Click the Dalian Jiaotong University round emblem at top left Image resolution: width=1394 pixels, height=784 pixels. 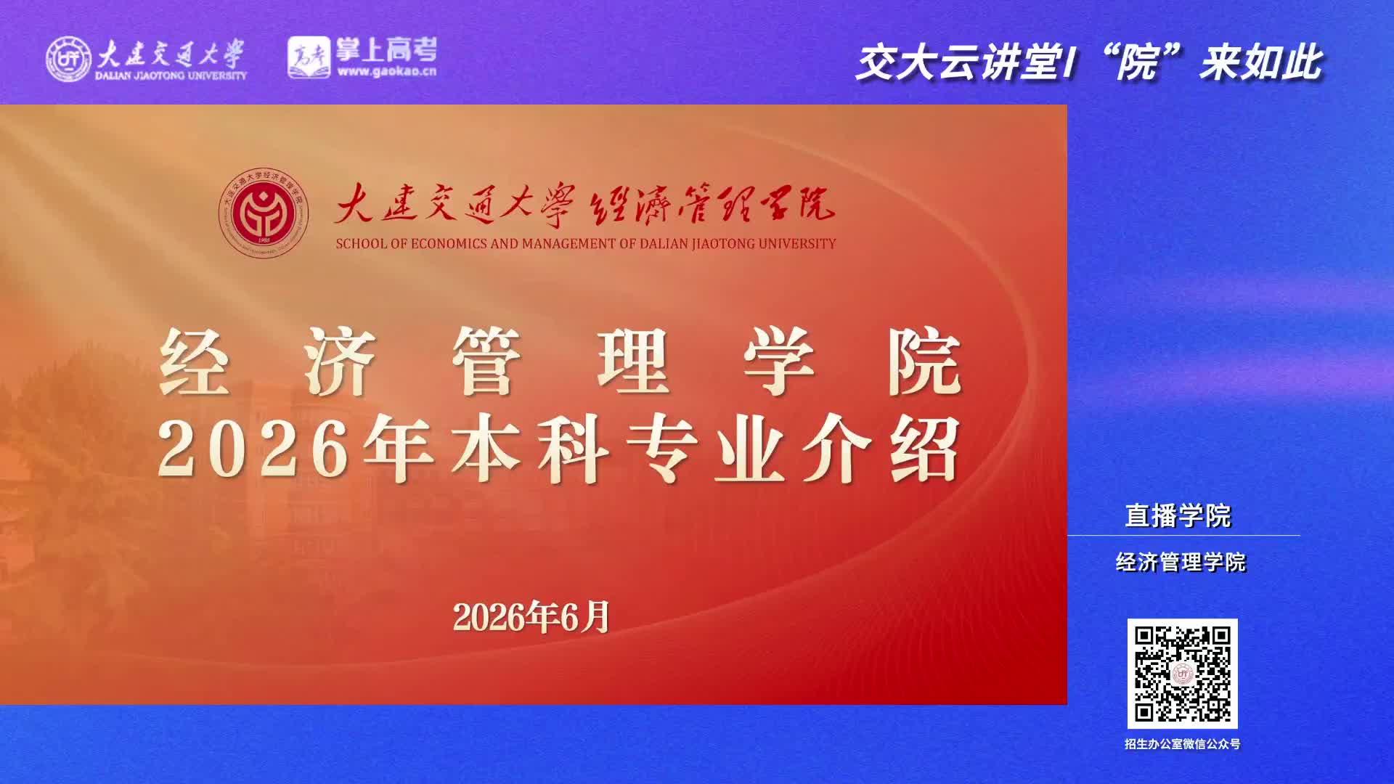pos(69,59)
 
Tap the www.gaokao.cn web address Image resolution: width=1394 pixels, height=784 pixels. pos(388,71)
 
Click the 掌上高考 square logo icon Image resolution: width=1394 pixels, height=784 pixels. pos(309,57)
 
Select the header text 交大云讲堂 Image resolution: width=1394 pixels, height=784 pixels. pos(958,62)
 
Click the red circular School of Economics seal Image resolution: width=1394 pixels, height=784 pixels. pos(264,212)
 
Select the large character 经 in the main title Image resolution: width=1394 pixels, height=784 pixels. pos(194,361)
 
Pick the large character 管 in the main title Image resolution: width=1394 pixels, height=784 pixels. pos(486,361)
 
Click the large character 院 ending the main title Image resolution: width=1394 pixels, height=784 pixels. pos(926,361)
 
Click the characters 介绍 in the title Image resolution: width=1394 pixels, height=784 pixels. pos(881,450)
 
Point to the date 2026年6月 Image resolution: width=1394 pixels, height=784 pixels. pos(531,617)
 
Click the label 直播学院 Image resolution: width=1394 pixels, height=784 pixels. pos(1178,516)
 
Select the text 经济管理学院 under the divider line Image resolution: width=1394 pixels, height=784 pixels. pos(1181,562)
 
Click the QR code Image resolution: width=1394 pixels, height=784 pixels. pos(1182,674)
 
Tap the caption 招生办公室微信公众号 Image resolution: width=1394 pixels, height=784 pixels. pos(1182,744)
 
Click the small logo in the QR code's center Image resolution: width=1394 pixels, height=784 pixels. pos(1183,674)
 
